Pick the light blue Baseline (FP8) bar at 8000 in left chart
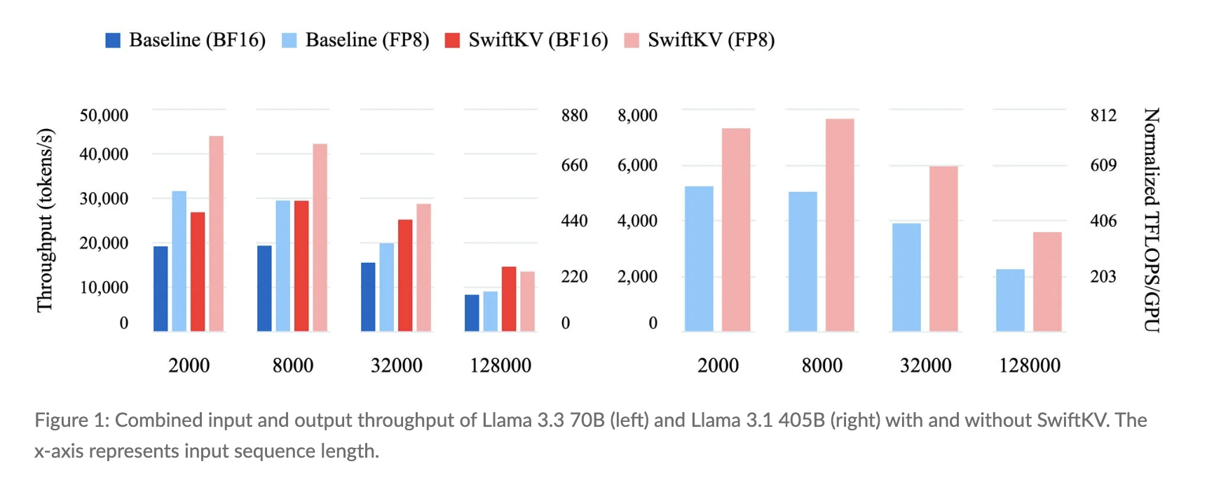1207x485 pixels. tap(282, 266)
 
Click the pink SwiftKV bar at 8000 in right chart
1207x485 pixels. tap(840, 225)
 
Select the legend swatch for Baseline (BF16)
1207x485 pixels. tap(113, 41)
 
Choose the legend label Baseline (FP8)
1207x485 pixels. tap(367, 41)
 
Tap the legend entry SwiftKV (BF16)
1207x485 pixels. tap(538, 41)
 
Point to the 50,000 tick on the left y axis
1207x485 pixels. tap(104, 116)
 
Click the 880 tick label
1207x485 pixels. tap(574, 116)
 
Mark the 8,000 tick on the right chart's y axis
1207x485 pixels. tap(637, 116)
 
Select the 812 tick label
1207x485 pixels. tap(1103, 116)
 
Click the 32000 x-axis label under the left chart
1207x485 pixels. tap(397, 366)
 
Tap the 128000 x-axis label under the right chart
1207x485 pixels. tap(1030, 366)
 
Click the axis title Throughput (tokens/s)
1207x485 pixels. tap(45, 220)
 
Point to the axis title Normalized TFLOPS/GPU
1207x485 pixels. tap(1152, 220)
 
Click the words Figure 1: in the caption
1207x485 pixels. tap(71, 421)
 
